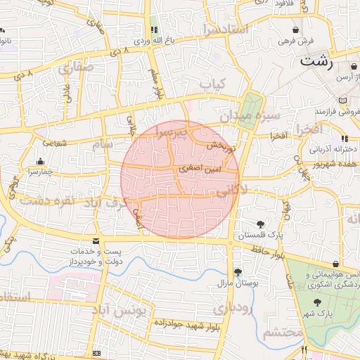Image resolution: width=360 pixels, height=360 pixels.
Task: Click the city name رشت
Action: pyautogui.click(x=319, y=61)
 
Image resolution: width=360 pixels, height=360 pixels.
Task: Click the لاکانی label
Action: pyautogui.click(x=232, y=190)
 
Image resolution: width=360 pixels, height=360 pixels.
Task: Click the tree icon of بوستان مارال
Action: pyautogui.click(x=238, y=271)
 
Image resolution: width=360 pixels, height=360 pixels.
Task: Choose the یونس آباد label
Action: pyautogui.click(x=122, y=309)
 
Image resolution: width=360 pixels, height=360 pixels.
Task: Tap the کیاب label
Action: pyautogui.click(x=212, y=84)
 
